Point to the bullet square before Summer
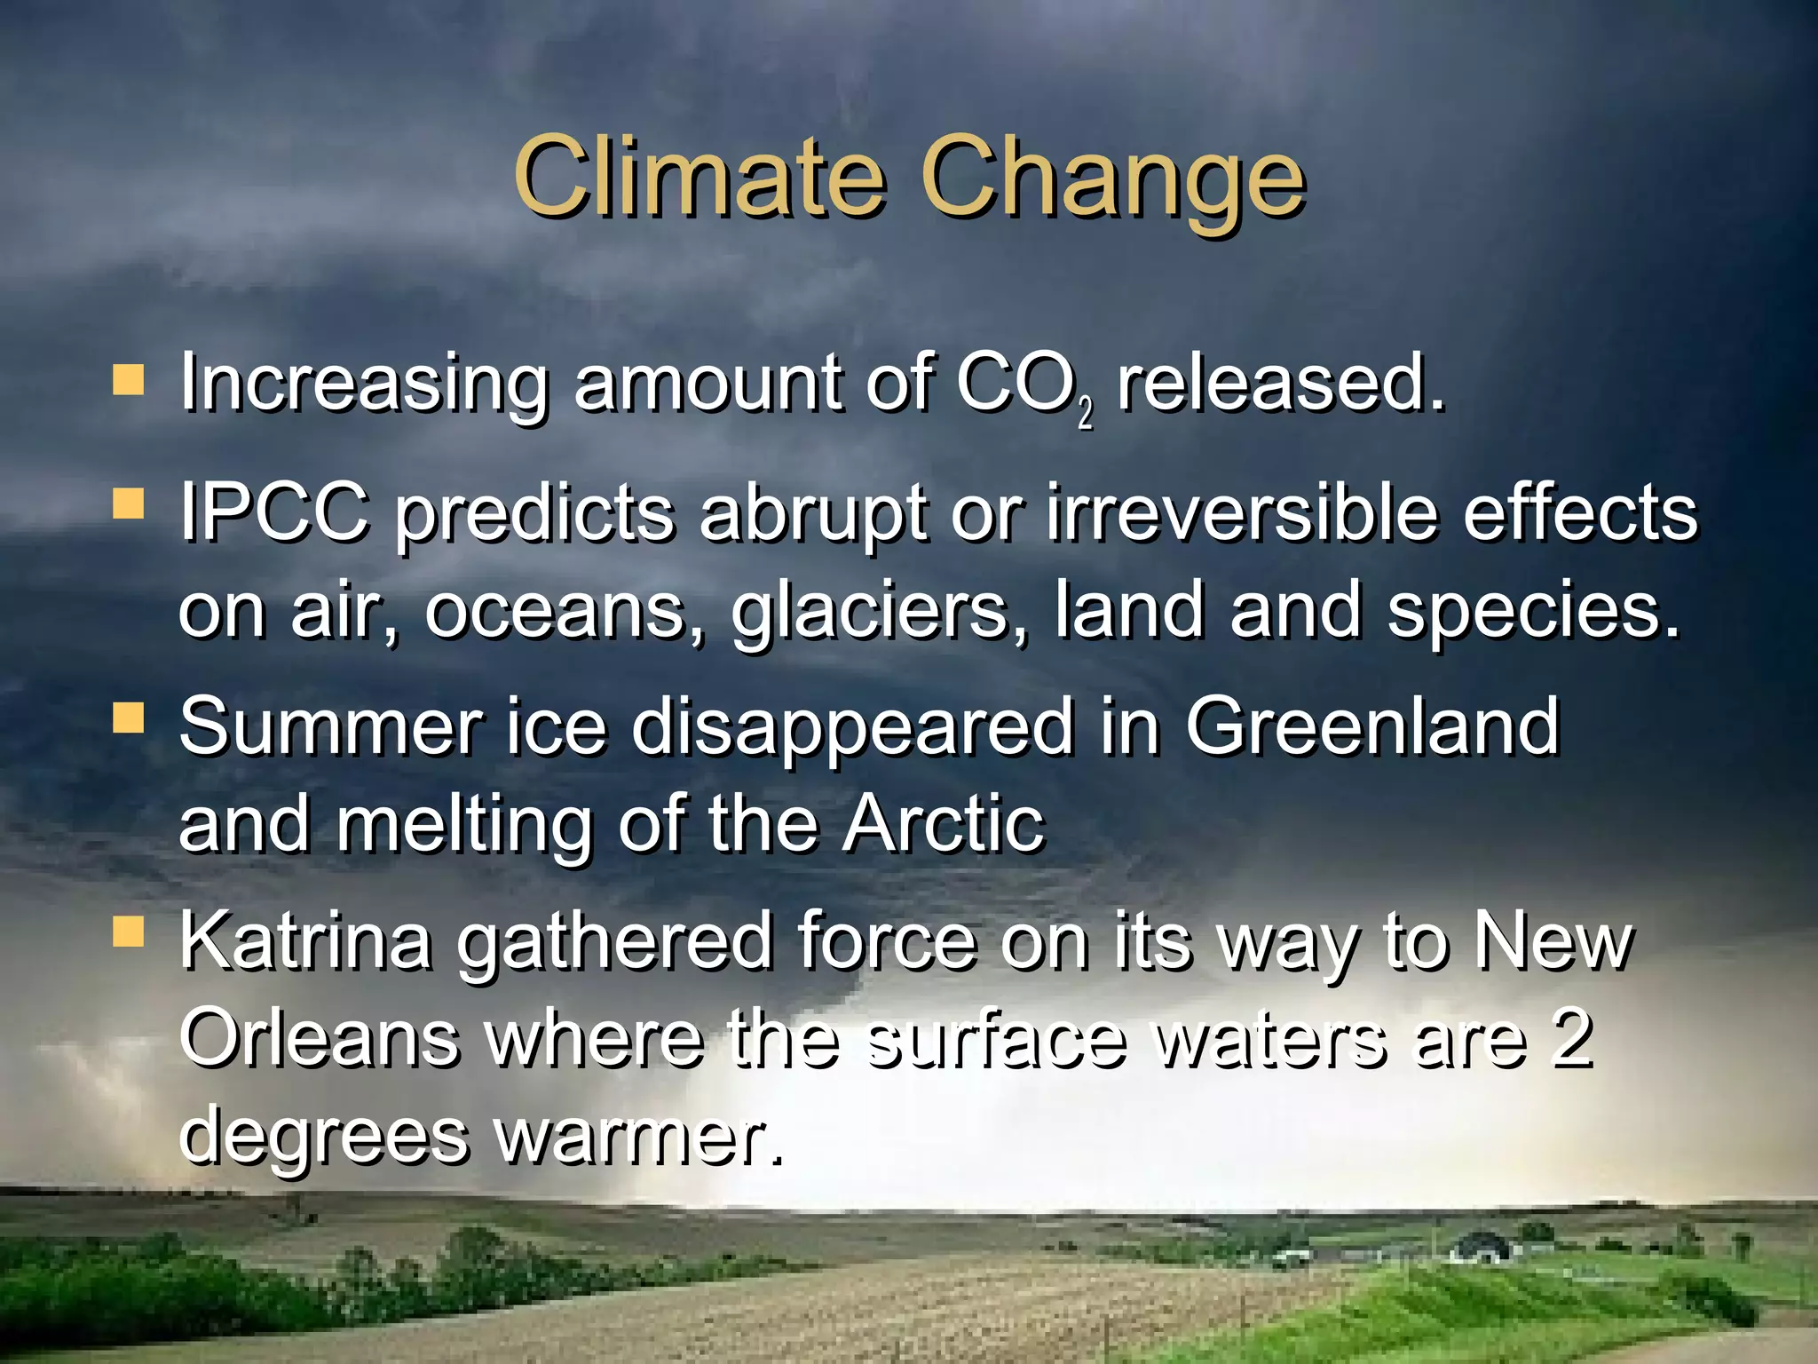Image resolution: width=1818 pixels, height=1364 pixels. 129,718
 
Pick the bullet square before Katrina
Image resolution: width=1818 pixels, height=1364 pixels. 129,933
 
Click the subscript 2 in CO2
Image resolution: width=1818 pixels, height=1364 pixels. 1086,415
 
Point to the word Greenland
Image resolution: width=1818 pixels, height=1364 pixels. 1371,726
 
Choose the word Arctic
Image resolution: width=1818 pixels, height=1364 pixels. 943,824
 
